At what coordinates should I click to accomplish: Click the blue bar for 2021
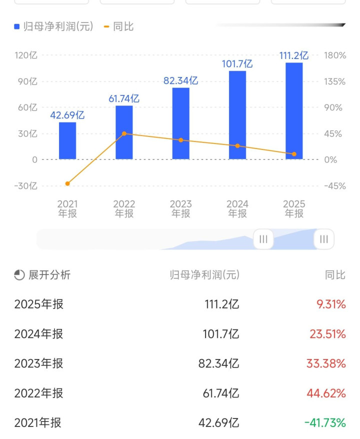click(67, 141)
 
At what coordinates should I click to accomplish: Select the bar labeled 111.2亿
click(294, 111)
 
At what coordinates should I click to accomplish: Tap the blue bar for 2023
click(181, 123)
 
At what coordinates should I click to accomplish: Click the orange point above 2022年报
click(124, 133)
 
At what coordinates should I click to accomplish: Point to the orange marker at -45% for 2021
click(67, 183)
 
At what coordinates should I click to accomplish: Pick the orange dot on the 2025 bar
click(294, 154)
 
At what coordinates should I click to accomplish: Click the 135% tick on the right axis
click(334, 81)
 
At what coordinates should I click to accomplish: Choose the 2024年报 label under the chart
click(237, 209)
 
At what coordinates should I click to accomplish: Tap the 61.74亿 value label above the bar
click(124, 98)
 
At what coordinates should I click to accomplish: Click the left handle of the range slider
click(263, 239)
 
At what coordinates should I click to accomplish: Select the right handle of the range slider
click(324, 239)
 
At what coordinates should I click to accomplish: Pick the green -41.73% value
click(324, 423)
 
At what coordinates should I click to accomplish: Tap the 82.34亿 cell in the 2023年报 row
click(218, 363)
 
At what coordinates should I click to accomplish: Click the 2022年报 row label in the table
click(39, 393)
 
